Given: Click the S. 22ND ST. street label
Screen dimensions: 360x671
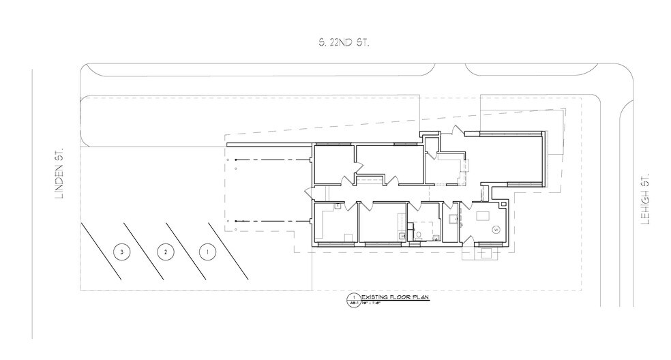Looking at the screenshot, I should pyautogui.click(x=340, y=43).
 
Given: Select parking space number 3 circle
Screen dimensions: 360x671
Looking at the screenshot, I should pyautogui.click(x=121, y=252).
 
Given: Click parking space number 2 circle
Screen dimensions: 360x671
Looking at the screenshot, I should pyautogui.click(x=163, y=252).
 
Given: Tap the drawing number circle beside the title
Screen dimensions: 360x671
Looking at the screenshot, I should pyautogui.click(x=353, y=297).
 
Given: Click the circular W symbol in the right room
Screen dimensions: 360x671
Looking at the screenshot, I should pyautogui.click(x=496, y=229).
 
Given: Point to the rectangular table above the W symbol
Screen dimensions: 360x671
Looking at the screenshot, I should pyautogui.click(x=485, y=215).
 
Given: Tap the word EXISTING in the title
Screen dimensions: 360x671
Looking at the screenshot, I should pyautogui.click(x=375, y=297).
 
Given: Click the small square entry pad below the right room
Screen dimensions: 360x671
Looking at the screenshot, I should pyautogui.click(x=487, y=253).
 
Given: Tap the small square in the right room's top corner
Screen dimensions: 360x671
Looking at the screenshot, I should pyautogui.click(x=503, y=203).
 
